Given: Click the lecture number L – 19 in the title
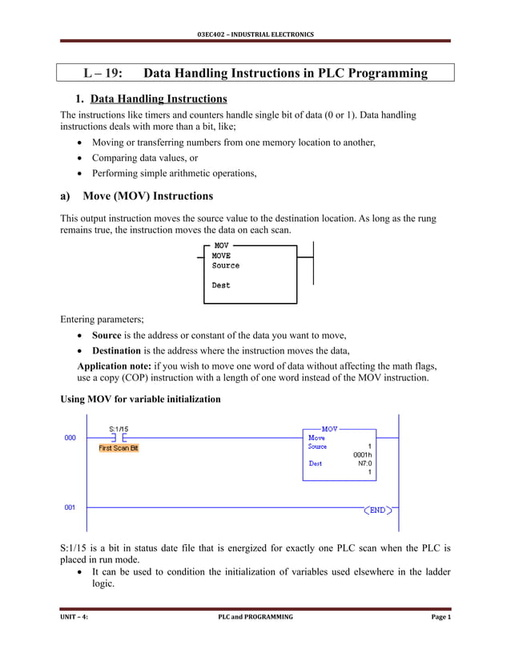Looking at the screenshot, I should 103,74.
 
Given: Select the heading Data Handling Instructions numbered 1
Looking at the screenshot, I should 159,99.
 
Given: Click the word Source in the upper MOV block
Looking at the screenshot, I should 226,266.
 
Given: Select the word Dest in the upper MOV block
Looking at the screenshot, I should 221,285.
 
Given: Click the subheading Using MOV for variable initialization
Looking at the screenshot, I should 140,398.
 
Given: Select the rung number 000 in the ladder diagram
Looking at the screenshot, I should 70,438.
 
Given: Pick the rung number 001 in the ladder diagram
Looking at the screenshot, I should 70,507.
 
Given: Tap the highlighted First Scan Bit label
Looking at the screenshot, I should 119,448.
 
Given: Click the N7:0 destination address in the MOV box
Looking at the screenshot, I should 364,463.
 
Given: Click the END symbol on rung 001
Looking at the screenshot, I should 377,510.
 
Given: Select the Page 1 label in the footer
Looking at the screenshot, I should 441,617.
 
